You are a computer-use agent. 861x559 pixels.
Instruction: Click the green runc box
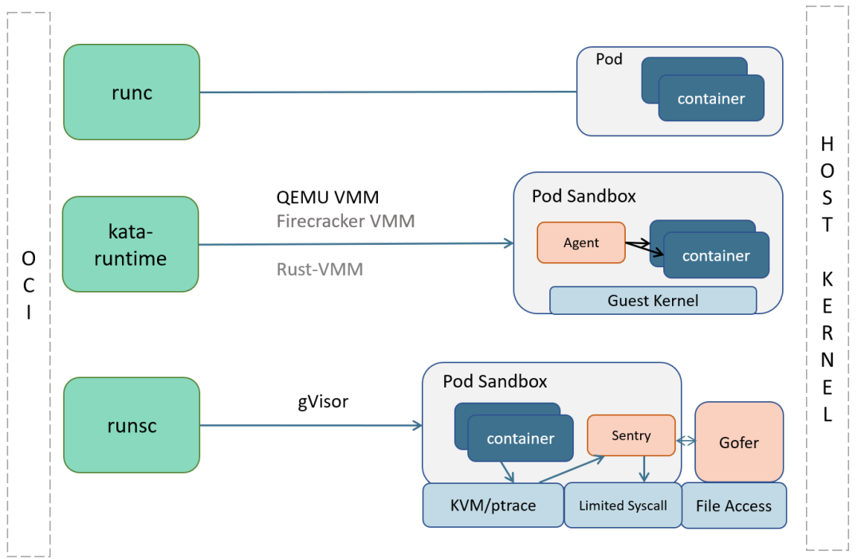tap(132, 92)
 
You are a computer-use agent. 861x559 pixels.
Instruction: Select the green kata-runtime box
tap(130, 244)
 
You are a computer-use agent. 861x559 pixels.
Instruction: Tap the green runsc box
tap(132, 425)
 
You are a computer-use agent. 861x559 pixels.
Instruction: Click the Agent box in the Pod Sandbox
tap(580, 242)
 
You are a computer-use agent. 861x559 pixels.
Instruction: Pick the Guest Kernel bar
tap(652, 301)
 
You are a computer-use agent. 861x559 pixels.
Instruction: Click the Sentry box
tap(631, 435)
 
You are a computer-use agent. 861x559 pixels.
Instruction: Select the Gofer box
tap(738, 442)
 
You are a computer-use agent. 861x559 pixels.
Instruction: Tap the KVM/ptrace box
tap(493, 505)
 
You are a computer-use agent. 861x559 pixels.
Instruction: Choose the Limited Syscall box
tap(622, 505)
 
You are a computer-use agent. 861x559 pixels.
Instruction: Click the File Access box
tap(733, 506)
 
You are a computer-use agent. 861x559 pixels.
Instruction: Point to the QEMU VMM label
tap(328, 197)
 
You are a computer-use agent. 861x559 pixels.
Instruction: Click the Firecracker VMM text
tap(345, 221)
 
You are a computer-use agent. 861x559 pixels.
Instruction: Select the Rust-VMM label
tap(320, 270)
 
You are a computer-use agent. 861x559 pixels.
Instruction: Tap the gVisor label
tap(323, 401)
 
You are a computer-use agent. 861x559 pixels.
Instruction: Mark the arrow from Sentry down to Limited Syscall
tap(644, 469)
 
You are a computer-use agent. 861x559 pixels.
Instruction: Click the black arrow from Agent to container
tap(643, 248)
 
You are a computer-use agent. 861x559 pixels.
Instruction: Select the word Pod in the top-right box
tap(609, 60)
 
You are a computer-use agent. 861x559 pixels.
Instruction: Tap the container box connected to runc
tap(711, 98)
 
